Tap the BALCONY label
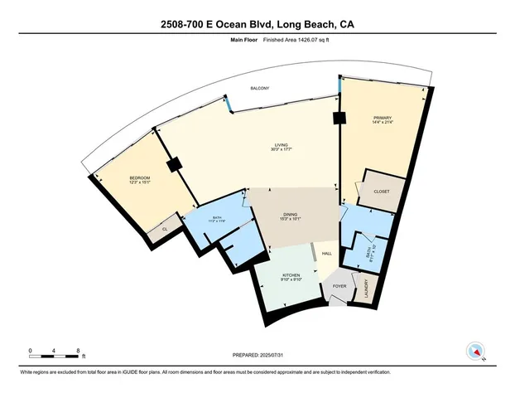(259, 89)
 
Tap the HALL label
(327, 253)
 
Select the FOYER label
(339, 286)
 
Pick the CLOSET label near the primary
(381, 192)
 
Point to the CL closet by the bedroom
(165, 228)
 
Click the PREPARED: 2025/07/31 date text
(258, 357)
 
